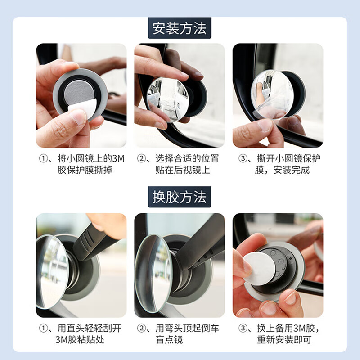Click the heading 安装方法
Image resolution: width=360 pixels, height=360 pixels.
pyautogui.click(x=180, y=28)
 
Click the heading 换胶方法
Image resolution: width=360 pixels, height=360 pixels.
pyautogui.click(x=180, y=197)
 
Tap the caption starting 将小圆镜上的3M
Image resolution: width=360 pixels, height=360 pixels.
pyautogui.click(x=81, y=164)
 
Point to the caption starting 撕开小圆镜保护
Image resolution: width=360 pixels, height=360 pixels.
pyautogui.click(x=278, y=164)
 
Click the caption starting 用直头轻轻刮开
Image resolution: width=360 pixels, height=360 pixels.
pyautogui.click(x=81, y=334)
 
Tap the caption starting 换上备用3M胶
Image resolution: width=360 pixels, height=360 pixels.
pyautogui.click(x=278, y=334)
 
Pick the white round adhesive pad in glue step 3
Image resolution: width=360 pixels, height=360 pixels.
pyautogui.click(x=259, y=267)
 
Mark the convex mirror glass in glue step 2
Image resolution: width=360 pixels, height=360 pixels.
pyautogui.click(x=153, y=272)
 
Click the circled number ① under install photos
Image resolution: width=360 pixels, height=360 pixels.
pyautogui.click(x=42, y=158)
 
